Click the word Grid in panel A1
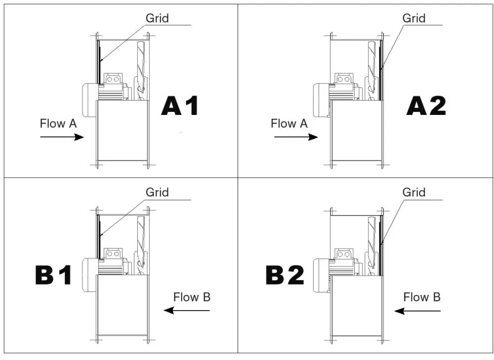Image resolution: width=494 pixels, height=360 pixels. (157, 18)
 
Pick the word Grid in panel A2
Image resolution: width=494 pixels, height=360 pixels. (414, 18)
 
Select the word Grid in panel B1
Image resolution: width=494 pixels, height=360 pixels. (157, 192)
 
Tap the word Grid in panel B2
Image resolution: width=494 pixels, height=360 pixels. (414, 192)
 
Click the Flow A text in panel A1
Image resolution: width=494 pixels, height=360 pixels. (58, 123)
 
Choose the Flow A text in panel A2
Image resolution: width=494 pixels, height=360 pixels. (289, 123)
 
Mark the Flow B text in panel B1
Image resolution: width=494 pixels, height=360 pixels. (192, 297)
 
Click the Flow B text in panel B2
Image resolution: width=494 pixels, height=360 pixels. (422, 297)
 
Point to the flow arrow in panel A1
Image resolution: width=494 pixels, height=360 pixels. (62, 137)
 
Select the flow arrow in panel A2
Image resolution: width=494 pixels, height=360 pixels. (295, 137)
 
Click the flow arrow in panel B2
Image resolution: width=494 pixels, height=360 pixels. (417, 311)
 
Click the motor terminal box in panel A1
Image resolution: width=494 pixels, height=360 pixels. (114, 78)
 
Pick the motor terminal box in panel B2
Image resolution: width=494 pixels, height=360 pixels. (344, 253)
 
